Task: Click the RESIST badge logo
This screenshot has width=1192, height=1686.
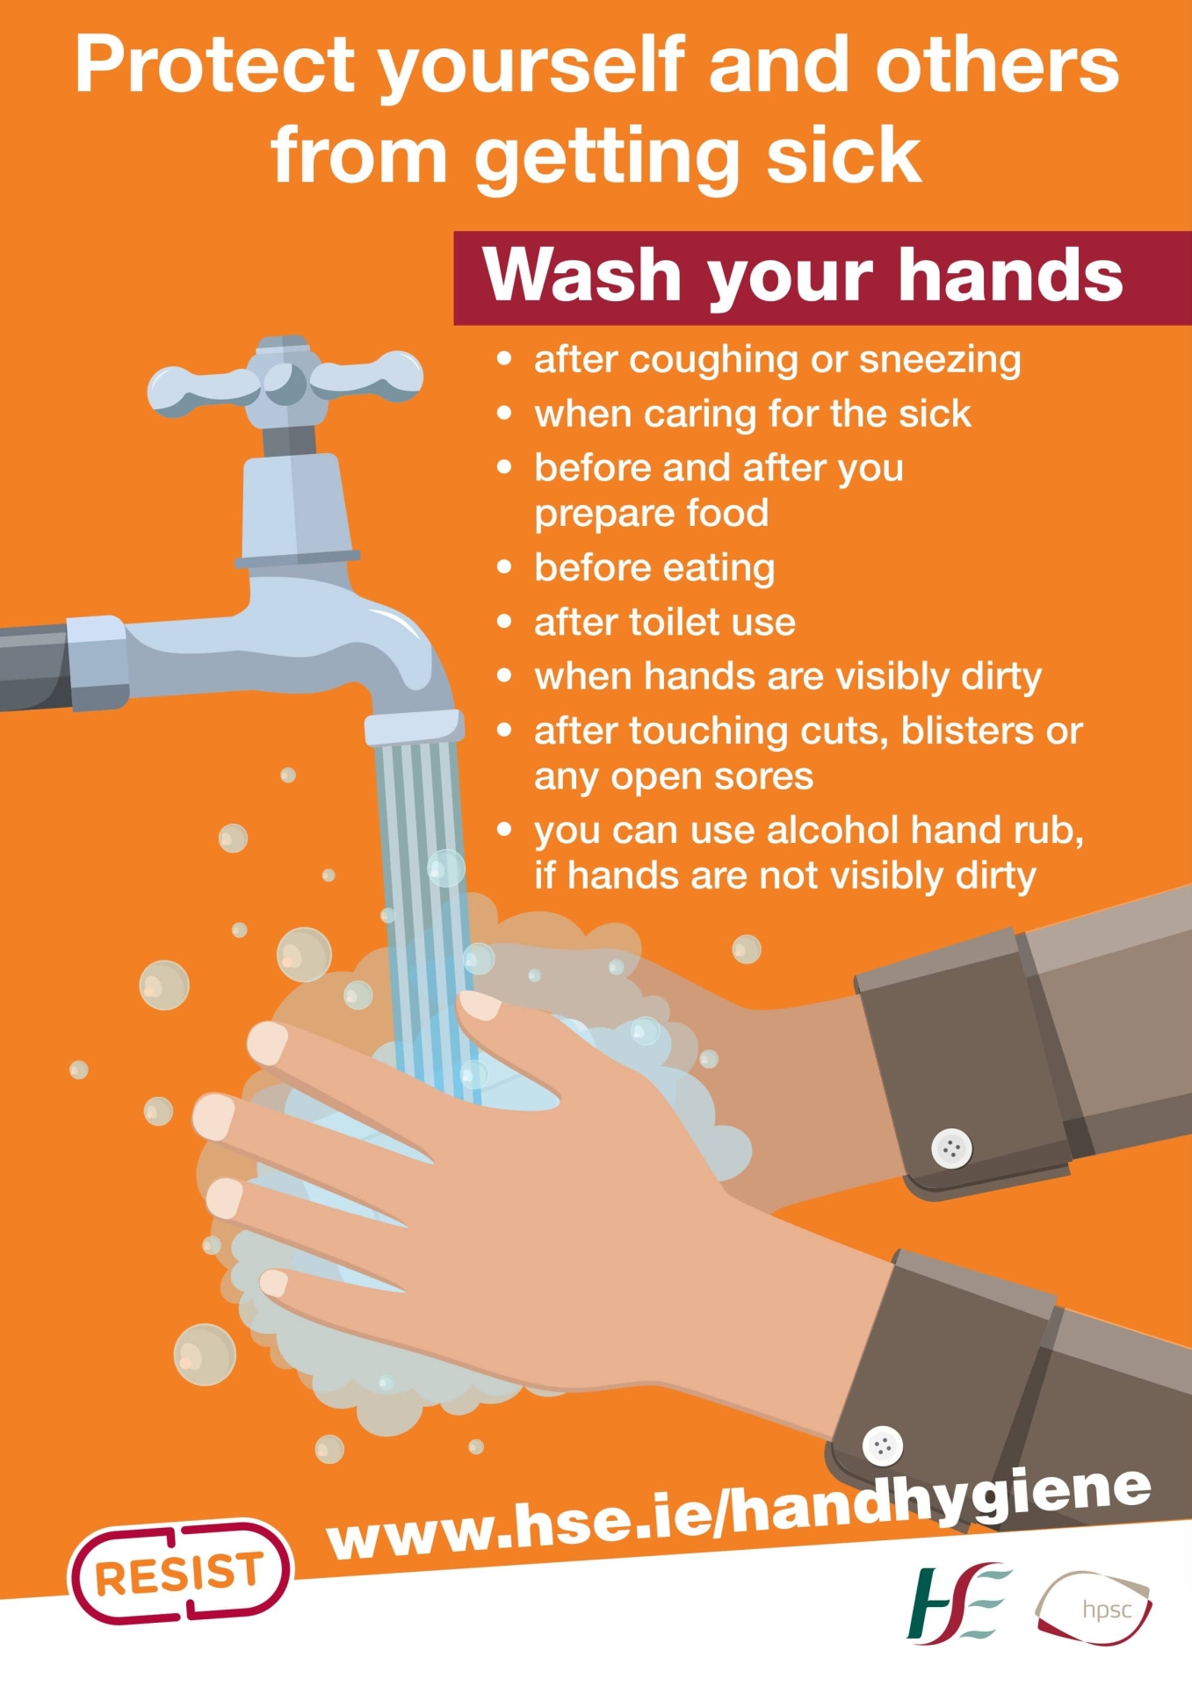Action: pos(179,1572)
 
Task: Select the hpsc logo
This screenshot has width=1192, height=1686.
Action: pos(1094,1608)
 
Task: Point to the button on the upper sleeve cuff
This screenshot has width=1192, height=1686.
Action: pos(951,1148)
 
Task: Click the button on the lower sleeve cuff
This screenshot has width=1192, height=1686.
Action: pos(883,1445)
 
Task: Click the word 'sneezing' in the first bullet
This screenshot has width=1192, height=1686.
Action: pos(940,360)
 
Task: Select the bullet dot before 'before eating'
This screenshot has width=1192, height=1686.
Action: pos(503,567)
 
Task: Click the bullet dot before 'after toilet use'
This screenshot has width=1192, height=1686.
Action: pos(503,622)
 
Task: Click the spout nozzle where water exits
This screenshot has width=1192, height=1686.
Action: pos(414,728)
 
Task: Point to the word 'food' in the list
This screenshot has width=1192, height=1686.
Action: pos(727,513)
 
